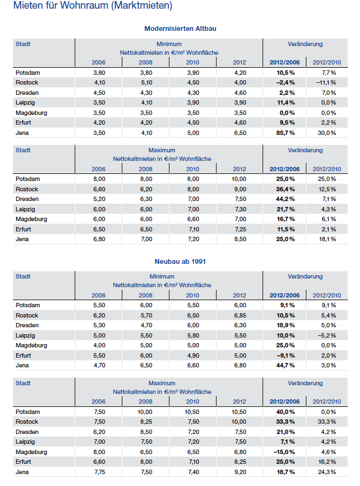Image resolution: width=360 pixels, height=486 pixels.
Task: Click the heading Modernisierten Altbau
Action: [180, 29]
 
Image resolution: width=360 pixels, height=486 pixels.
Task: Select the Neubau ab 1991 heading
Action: [180, 262]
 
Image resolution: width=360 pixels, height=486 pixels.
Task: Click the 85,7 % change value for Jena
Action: [285, 133]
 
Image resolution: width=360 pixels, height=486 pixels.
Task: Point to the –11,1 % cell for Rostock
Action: [326, 83]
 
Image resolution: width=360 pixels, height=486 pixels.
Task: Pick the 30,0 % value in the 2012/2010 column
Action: [326, 133]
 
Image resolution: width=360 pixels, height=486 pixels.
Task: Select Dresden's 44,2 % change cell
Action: [285, 199]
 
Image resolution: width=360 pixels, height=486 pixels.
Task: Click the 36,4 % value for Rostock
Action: [285, 189]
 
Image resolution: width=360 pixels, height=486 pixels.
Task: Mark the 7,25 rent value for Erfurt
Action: [240, 229]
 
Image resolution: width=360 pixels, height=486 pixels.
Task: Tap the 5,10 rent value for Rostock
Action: [146, 83]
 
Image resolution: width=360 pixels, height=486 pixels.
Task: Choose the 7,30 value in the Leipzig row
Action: [240, 209]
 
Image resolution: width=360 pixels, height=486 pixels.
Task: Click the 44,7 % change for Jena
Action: [285, 365]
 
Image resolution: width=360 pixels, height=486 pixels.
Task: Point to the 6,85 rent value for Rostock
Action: [240, 315]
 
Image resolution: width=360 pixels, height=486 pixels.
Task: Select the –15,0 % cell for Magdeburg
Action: [284, 452]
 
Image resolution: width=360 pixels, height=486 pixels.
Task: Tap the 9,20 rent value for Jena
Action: [240, 472]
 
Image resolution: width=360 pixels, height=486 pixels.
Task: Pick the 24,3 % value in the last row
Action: [327, 472]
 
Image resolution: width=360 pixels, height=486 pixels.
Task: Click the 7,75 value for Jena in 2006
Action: [99, 472]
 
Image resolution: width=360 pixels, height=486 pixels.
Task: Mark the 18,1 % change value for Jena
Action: [328, 239]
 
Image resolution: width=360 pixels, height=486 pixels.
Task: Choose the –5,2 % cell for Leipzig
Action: [327, 336]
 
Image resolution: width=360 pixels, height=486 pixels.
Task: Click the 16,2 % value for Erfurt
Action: [327, 462]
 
